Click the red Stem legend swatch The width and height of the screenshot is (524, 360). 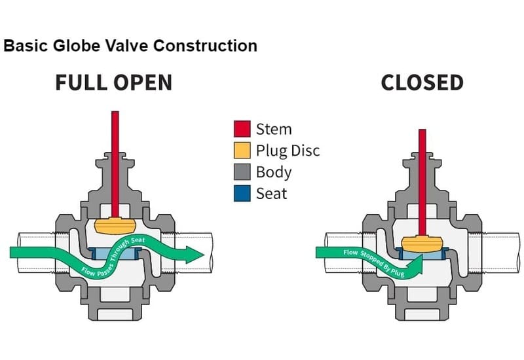tap(242, 128)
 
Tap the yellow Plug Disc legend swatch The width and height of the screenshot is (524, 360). tap(242, 150)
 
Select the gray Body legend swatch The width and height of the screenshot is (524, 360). tap(242, 171)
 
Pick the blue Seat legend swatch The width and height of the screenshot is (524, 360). tap(242, 193)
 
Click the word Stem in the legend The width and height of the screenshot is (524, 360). tap(273, 128)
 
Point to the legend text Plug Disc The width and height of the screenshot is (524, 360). tap(288, 150)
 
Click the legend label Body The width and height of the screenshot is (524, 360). tap(273, 172)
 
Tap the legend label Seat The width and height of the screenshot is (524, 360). tap(271, 193)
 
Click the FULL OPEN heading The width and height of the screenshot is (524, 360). tap(113, 82)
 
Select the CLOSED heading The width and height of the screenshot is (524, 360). tap(422, 82)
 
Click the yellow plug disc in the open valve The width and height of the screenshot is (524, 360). tap(115, 225)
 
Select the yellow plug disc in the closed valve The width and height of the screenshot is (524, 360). tap(422, 243)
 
